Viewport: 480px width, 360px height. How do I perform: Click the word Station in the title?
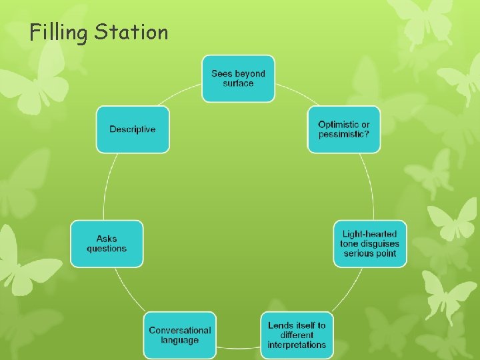coord(131,31)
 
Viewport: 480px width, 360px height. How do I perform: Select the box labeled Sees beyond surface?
coord(238,79)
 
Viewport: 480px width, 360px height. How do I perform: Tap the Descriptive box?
coord(133,129)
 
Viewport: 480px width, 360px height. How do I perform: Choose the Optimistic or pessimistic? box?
coord(344,129)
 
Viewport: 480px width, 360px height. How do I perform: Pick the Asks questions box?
coord(107,243)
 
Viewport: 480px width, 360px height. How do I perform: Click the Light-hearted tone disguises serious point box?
coord(370,243)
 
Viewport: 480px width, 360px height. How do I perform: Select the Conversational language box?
coord(179,335)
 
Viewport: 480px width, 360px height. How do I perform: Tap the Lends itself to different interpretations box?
coord(297,335)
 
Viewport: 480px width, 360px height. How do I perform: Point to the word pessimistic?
coord(344,134)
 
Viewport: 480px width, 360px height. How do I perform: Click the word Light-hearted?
coord(370,234)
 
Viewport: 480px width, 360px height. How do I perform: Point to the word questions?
coord(107,249)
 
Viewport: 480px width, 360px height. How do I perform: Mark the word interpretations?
coord(297,345)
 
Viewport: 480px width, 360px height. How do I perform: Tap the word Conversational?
coord(179,330)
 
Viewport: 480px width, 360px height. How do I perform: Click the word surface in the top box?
coord(238,83)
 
